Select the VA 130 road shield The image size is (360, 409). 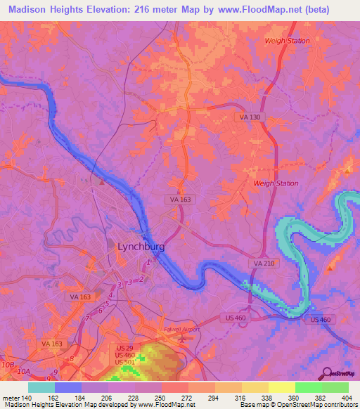pyautogui.click(x=250, y=117)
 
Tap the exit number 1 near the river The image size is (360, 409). pyautogui.click(x=148, y=263)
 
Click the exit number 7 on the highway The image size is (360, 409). pyautogui.click(x=87, y=320)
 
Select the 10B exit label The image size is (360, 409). pyautogui.click(x=8, y=365)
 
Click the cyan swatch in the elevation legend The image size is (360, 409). pyautogui.click(x=41, y=387)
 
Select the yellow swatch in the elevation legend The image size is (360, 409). pyautogui.click(x=282, y=387)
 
